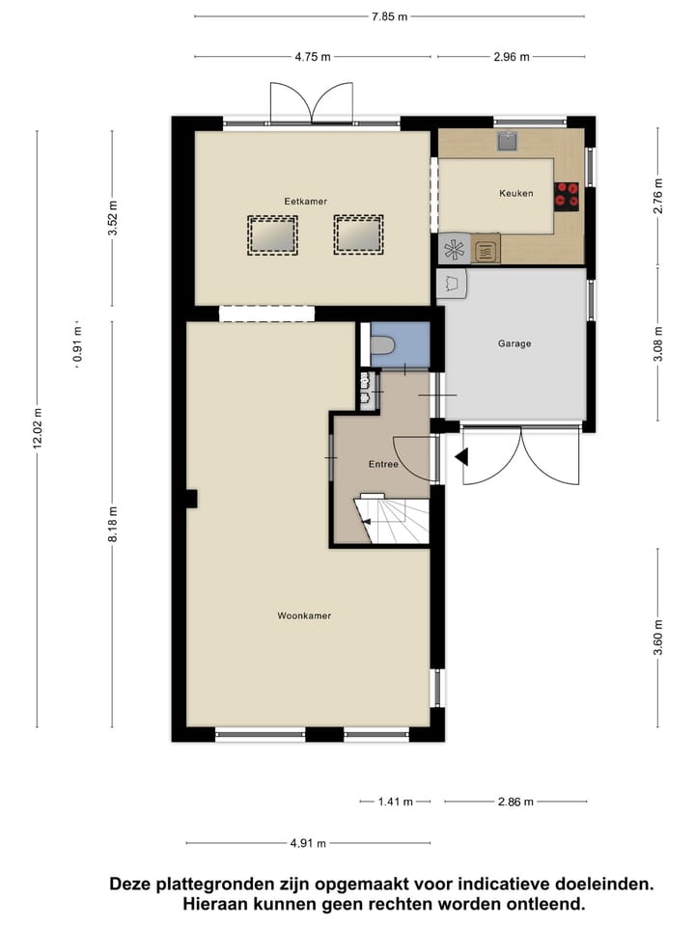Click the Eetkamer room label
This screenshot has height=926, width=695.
[305, 201]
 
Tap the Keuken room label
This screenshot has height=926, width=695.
[515, 193]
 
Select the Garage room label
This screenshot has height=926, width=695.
[514, 343]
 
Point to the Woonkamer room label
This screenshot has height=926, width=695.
[304, 615]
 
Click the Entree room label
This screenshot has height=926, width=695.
[383, 464]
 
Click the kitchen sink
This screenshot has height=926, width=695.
[508, 142]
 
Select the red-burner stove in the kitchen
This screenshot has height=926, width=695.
[567, 196]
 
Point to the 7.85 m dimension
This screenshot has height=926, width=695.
[388, 16]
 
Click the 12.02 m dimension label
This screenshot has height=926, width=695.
[37, 428]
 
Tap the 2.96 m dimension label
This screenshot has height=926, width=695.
[511, 57]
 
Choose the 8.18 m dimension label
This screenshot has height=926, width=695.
[112, 524]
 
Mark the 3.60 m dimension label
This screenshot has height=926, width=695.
[658, 638]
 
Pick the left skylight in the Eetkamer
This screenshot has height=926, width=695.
[270, 234]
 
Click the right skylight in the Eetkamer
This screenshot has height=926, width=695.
[358, 234]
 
